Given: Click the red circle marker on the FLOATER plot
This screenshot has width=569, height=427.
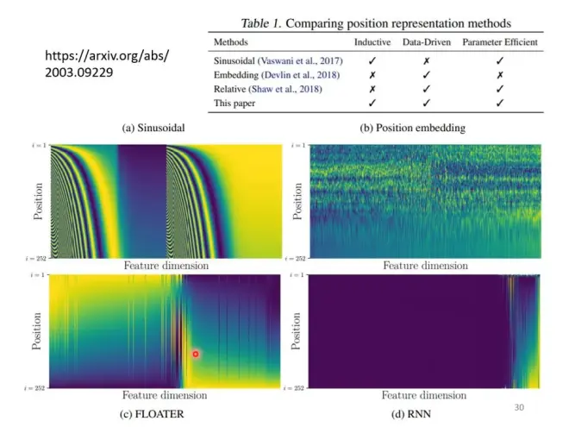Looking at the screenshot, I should pos(196,354).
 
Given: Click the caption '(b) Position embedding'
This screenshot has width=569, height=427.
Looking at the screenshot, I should pos(412,128).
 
